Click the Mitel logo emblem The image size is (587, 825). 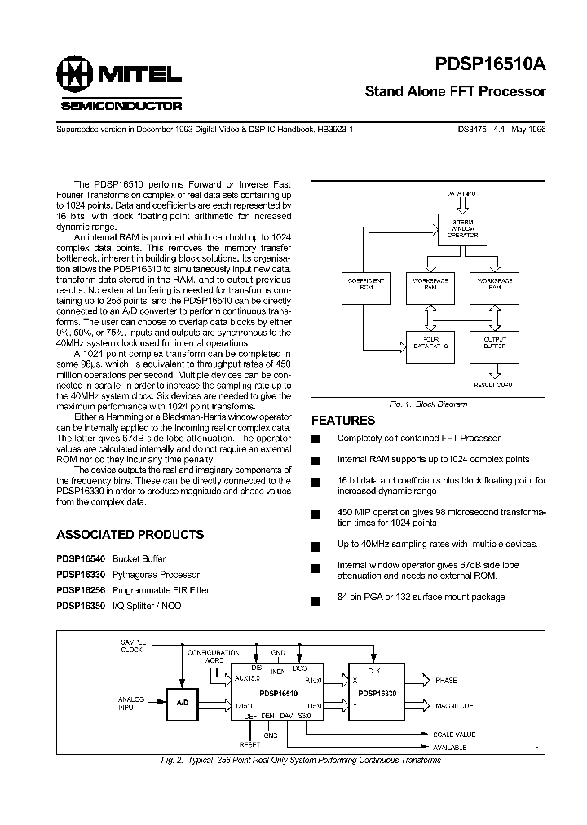pyautogui.click(x=75, y=77)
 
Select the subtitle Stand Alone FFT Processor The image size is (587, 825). pyautogui.click(x=455, y=91)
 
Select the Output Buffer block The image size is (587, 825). pyautogui.click(x=495, y=345)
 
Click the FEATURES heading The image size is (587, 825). pyautogui.click(x=343, y=421)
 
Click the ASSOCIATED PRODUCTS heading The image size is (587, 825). pyautogui.click(x=130, y=535)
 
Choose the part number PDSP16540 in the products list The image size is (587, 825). pyautogui.click(x=81, y=559)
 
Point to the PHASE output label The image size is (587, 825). pyautogui.click(x=446, y=680)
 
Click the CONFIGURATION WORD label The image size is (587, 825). pyautogui.click(x=214, y=657)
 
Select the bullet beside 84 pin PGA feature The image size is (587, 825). pyautogui.click(x=316, y=601)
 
